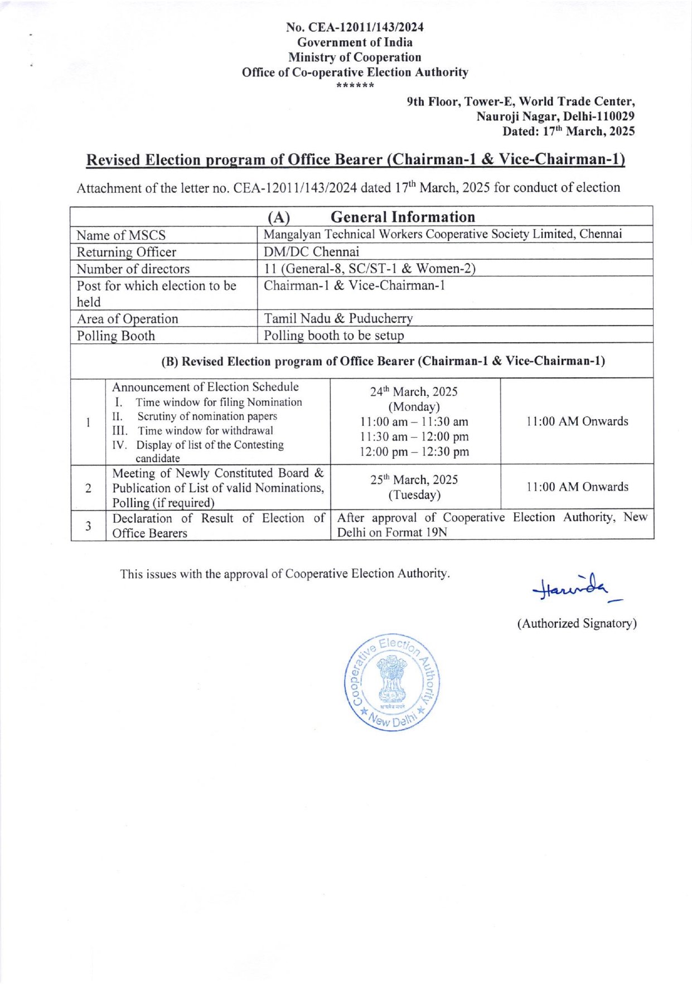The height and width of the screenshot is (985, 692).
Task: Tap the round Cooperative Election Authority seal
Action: pos(391,682)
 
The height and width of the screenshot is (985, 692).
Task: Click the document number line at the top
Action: pos(355,27)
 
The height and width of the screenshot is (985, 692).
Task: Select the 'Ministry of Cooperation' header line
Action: pos(355,57)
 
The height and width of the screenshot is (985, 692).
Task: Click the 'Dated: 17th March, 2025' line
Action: pos(568,132)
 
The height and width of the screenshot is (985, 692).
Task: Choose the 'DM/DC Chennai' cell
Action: pos(311,251)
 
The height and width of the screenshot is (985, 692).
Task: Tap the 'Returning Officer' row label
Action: pos(126,252)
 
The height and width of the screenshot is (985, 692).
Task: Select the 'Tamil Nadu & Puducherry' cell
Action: pos(338,318)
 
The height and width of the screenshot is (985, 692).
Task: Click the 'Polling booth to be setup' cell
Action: pos(333,336)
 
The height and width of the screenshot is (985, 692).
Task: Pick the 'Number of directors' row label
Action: pos(133,269)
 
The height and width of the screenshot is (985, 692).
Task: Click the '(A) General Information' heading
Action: pos(371,217)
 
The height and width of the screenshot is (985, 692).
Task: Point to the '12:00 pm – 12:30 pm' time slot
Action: pos(414,452)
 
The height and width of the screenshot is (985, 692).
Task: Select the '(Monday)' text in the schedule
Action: pos(414,406)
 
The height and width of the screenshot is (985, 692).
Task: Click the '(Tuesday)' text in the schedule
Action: pos(414,494)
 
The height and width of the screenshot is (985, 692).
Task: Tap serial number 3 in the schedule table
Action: pos(88,525)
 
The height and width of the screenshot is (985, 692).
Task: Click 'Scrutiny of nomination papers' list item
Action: pos(207,416)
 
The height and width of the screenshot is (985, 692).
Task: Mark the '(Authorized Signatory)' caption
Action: pos(577,623)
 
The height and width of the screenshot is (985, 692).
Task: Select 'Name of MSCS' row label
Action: pos(121,235)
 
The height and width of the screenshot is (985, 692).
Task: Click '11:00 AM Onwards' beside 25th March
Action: pos(577,487)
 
